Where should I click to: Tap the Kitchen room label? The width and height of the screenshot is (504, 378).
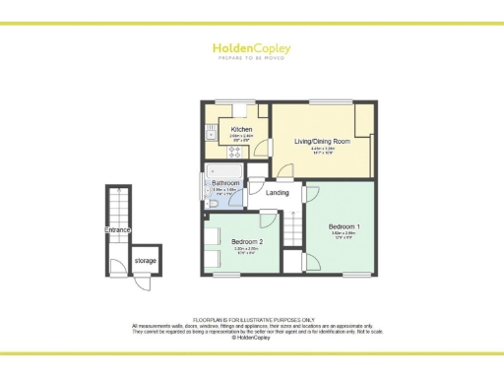(242, 130)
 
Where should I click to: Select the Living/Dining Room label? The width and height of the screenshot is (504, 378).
(323, 141)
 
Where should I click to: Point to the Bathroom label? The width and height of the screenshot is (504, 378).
(226, 182)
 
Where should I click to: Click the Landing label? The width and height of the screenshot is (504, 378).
(278, 192)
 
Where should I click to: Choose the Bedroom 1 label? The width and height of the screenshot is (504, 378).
(344, 227)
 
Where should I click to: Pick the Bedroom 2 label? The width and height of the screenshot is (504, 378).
(246, 241)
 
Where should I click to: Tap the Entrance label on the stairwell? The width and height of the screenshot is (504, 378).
(118, 230)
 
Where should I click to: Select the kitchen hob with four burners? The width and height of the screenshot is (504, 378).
(212, 152)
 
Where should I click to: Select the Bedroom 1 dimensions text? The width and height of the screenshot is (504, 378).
(344, 235)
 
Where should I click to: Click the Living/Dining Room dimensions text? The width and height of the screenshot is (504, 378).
(323, 150)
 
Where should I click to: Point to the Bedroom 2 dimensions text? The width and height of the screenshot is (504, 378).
(246, 249)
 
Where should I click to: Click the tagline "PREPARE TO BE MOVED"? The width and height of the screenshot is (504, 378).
(251, 57)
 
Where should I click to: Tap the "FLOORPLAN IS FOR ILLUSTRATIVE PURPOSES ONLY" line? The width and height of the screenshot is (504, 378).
(252, 320)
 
